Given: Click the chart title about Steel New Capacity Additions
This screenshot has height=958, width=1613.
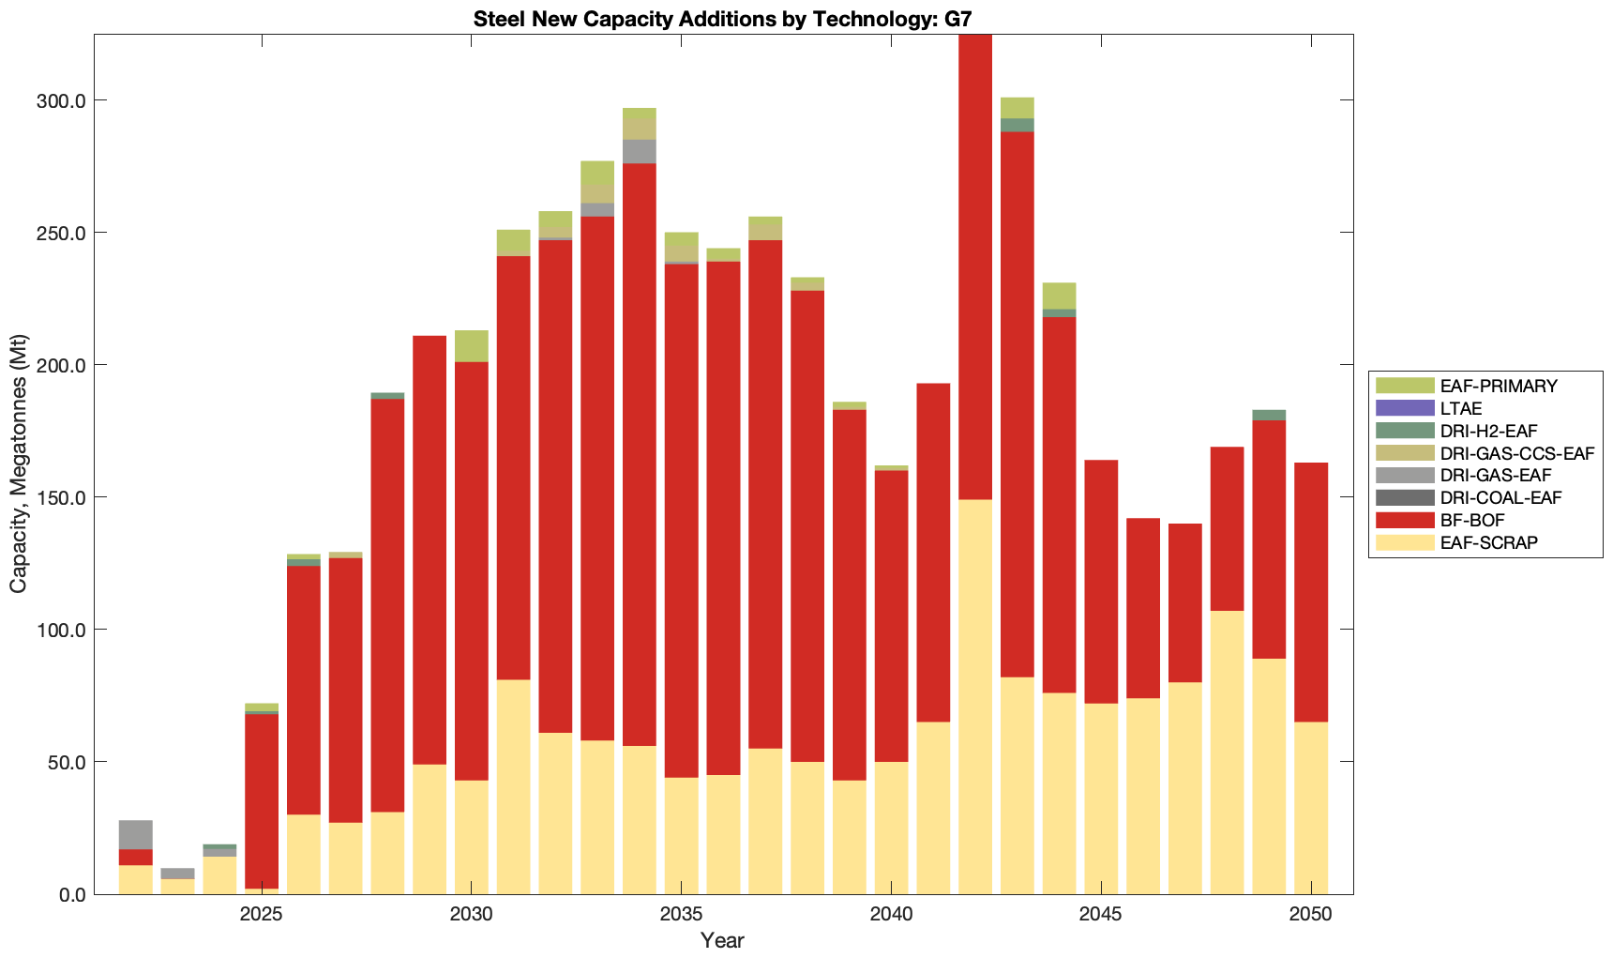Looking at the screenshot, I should (723, 18).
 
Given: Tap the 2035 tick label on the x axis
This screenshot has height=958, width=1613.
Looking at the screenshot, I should (681, 915).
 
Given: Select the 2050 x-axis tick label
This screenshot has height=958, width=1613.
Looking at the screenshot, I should (1311, 915).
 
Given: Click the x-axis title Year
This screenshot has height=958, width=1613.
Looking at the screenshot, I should (722, 941).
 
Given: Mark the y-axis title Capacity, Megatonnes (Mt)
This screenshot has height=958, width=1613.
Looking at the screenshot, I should (19, 464).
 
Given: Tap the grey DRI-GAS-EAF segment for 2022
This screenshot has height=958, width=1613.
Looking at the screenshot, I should (136, 834).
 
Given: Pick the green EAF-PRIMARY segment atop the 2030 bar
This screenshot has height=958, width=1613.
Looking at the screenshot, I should (472, 345).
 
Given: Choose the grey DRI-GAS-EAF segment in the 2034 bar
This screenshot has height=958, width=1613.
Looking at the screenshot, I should (640, 151).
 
